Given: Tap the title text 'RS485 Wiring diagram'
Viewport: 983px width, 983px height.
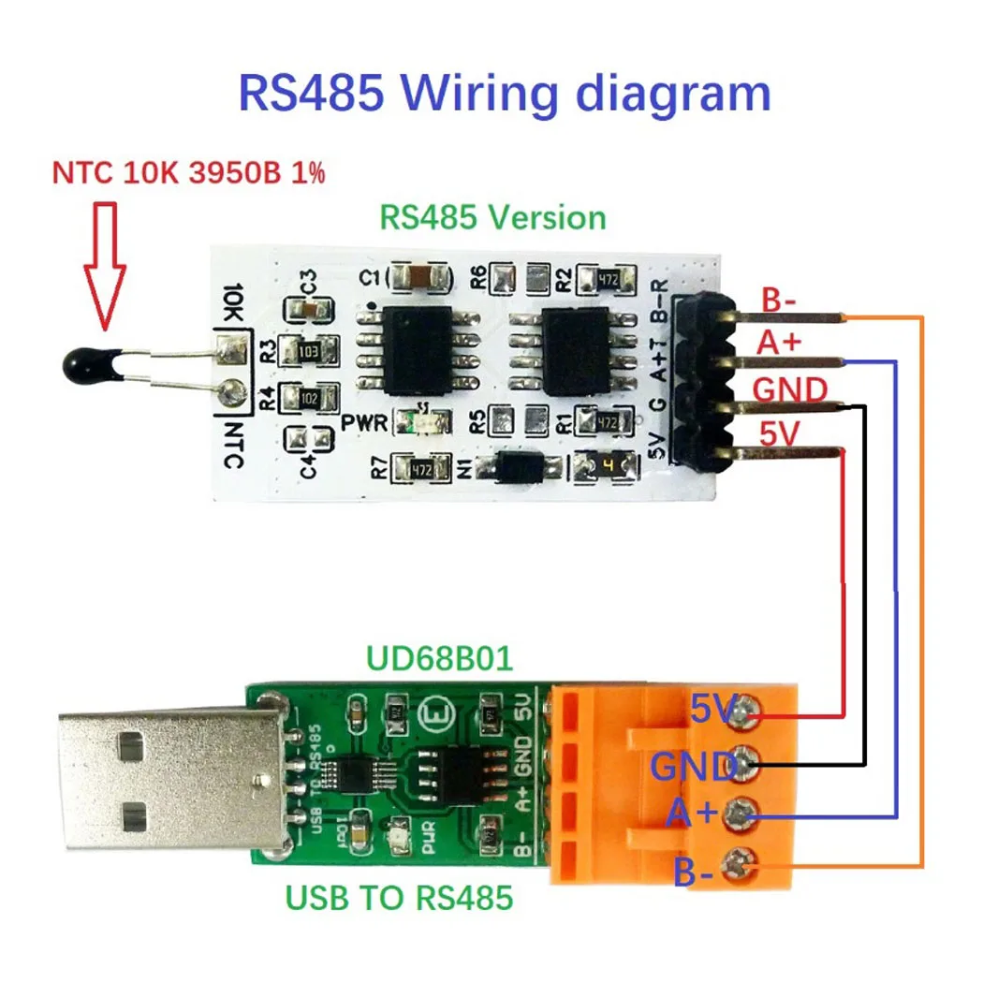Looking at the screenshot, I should pyautogui.click(x=505, y=94).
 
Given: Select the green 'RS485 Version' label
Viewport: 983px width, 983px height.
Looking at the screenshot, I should pyautogui.click(x=492, y=218).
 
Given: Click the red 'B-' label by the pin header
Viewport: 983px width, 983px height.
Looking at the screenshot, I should pyautogui.click(x=779, y=301).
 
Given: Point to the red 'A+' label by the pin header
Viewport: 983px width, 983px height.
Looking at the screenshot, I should pyautogui.click(x=780, y=344).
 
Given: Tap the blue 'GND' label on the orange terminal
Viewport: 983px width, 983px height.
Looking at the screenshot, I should pyautogui.click(x=693, y=768).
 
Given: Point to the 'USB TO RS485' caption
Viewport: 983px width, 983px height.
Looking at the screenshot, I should pyautogui.click(x=400, y=898).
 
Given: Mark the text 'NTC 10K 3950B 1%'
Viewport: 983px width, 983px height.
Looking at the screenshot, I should pyautogui.click(x=188, y=173).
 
